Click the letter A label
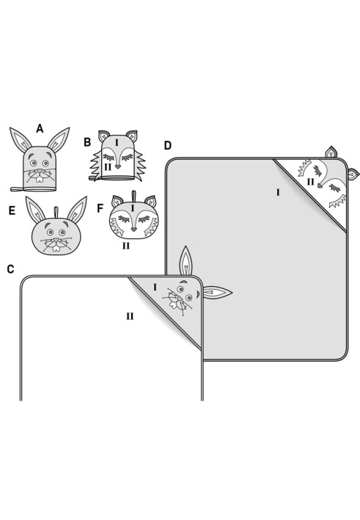[40, 128]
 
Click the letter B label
[87, 142]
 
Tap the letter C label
[10, 269]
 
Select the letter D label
[168, 145]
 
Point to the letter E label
[12, 210]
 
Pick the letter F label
[100, 208]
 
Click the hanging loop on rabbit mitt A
[18, 189]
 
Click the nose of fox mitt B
[118, 167]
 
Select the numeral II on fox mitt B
[107, 166]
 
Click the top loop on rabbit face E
[56, 212]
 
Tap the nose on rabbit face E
[56, 240]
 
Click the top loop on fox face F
[133, 197]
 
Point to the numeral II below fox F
[126, 246]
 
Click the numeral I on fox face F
[133, 208]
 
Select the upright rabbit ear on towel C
[185, 261]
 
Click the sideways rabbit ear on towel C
[217, 293]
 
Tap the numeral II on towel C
[130, 316]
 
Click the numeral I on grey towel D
[278, 192]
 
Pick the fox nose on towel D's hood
[320, 186]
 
